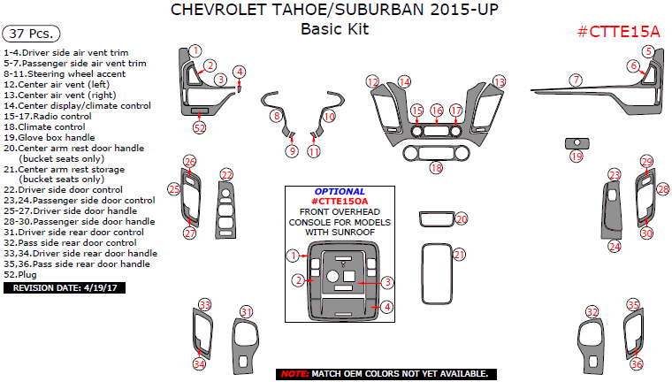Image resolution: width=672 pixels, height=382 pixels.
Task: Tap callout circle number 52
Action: point(199,128)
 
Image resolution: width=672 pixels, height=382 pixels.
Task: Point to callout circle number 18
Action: point(435,167)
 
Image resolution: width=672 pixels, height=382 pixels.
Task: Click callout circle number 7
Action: point(576,80)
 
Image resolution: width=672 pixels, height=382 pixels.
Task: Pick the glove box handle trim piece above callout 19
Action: point(577,141)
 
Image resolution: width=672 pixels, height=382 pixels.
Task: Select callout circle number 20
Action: point(461,218)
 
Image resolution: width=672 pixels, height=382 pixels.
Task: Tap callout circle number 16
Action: point(436,111)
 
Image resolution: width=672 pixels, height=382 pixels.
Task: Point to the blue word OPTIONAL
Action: point(340,191)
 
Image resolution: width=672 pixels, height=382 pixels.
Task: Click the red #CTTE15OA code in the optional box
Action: point(340,202)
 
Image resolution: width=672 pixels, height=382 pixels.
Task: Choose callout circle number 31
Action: point(247,311)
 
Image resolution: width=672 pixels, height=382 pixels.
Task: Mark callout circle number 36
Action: point(636,363)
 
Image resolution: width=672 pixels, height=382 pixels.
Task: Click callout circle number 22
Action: point(226,174)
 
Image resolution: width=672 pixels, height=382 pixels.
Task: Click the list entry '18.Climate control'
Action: point(47,126)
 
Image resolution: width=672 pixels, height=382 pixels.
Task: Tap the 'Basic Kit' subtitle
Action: point(334,28)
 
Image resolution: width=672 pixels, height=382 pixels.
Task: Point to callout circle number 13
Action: point(500,81)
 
